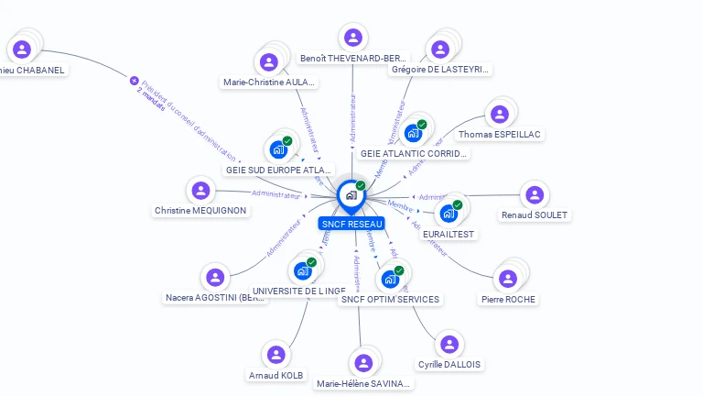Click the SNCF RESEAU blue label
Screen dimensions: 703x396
[351, 224]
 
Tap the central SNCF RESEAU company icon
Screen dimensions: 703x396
[351, 194]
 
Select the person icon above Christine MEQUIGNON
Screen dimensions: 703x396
[199, 191]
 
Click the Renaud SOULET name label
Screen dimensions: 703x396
[535, 215]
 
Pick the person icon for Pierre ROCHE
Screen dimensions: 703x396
[506, 279]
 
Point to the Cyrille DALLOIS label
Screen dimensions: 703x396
[449, 364]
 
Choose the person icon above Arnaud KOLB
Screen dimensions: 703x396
[276, 355]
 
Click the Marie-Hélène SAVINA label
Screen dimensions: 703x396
[363, 383]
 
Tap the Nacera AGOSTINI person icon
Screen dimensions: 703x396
[215, 277]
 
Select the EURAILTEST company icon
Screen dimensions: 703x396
[449, 213]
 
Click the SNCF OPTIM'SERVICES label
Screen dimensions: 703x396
[390, 299]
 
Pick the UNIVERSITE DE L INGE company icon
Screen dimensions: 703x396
[302, 270]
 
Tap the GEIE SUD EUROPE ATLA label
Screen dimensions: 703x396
[278, 170]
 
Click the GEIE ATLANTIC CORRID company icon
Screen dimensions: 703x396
[413, 133]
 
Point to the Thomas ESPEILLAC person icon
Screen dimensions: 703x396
[499, 115]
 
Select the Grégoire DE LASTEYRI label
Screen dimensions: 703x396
[440, 69]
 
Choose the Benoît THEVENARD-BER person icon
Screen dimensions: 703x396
[352, 38]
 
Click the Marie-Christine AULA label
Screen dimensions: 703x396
[269, 82]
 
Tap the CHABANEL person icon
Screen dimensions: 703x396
[22, 49]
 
